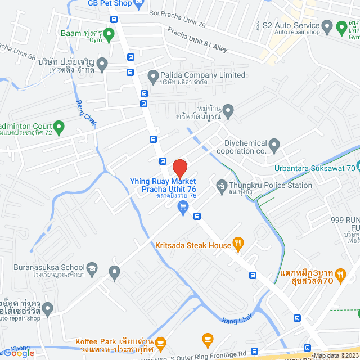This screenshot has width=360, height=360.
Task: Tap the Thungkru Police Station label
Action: [270, 186]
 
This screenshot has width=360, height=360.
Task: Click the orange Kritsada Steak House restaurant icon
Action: [238, 244]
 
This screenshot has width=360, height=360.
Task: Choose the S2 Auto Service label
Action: [296, 26]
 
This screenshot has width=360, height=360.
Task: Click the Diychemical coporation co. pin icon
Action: [274, 146]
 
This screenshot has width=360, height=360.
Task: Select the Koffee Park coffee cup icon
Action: [161, 342]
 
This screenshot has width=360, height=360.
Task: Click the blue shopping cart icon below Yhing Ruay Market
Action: [182, 208]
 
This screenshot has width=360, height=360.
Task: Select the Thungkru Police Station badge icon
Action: [221, 184]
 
